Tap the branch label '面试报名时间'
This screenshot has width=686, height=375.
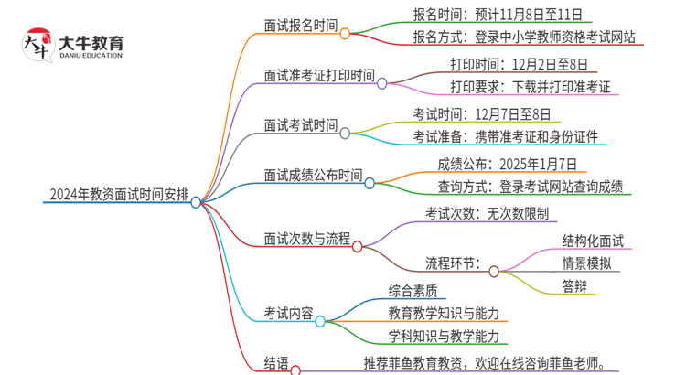[300, 26]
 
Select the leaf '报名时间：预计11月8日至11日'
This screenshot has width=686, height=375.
[488, 15]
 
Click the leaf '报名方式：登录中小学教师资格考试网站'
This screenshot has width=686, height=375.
[523, 38]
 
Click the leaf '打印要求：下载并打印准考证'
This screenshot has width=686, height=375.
[530, 88]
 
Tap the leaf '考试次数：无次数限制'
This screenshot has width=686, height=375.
[487, 213]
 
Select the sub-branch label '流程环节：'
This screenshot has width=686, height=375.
[452, 263]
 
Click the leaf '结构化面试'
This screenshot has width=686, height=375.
[592, 241]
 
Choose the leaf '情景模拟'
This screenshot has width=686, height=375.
[586, 263]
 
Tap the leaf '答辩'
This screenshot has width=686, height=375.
[575, 287]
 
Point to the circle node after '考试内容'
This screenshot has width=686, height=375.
[320, 321]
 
